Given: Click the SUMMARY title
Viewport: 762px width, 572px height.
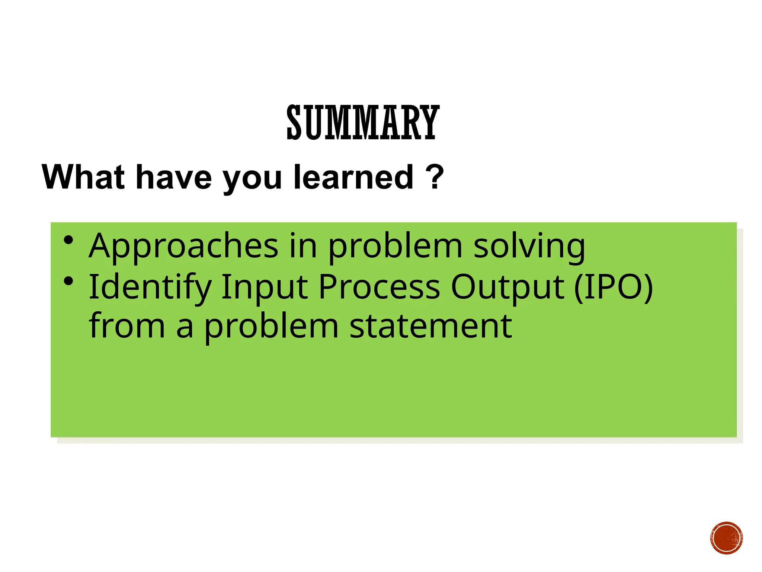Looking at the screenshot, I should [x=363, y=123].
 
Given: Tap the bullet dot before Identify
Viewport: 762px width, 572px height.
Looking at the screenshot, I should [x=68, y=282].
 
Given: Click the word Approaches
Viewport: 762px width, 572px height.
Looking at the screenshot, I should [x=183, y=247].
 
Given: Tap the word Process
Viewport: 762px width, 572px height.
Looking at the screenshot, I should [x=379, y=287].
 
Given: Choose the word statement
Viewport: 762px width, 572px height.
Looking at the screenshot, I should [x=430, y=326].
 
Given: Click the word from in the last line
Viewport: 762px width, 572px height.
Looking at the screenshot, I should [x=127, y=326].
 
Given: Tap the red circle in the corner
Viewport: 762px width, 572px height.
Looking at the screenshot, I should [x=726, y=538].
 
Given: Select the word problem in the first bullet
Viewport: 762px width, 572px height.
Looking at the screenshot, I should [x=395, y=247].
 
